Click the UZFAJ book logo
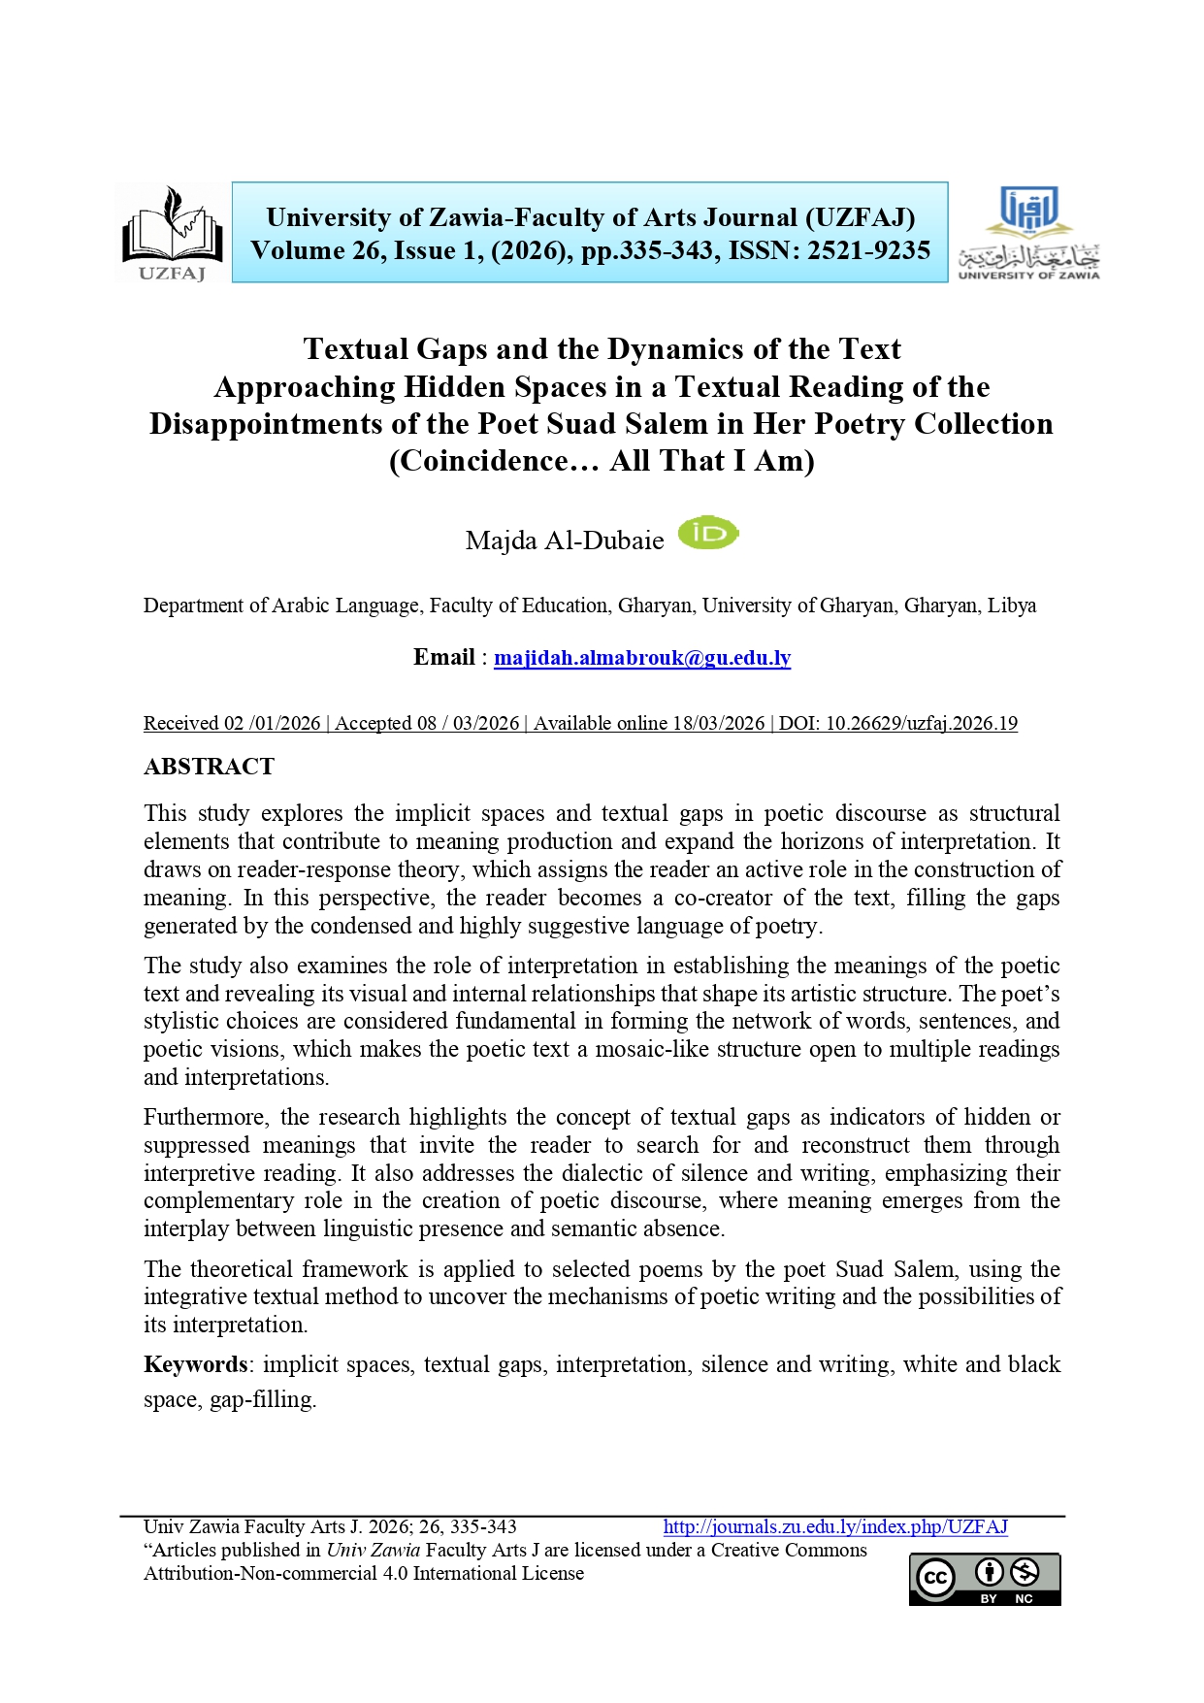tap(172, 233)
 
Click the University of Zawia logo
tap(1028, 233)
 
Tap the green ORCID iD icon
tap(707, 534)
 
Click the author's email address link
tap(642, 658)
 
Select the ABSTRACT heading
tap(209, 767)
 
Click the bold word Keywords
tap(195, 1364)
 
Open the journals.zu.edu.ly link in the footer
tap(835, 1526)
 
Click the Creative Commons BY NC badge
tap(984, 1580)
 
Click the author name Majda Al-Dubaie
tap(565, 540)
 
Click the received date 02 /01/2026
tap(273, 723)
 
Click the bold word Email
tap(444, 657)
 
